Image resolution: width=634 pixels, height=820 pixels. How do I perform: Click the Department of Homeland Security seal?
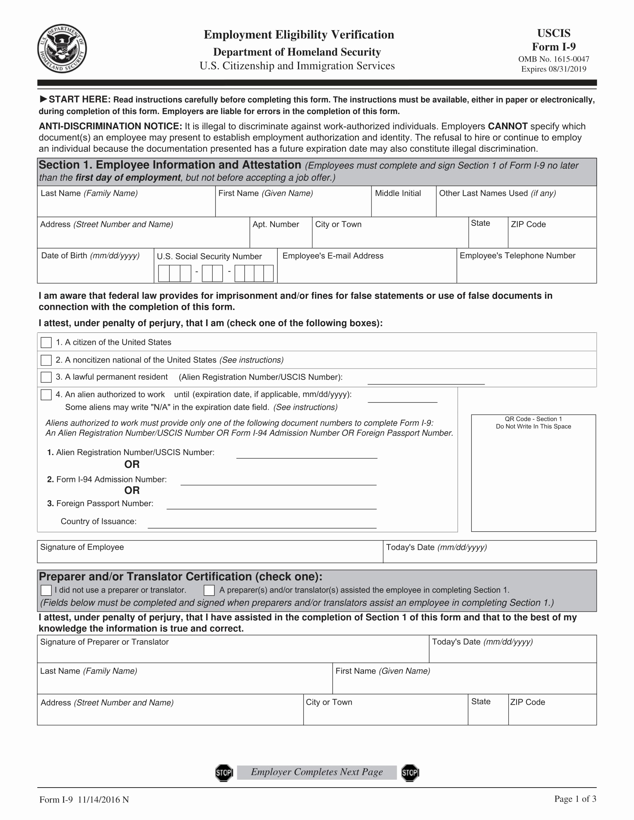[x=62, y=49]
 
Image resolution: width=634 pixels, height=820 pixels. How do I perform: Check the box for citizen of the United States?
[x=46, y=343]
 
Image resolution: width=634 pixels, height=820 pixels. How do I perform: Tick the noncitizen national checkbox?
[x=46, y=360]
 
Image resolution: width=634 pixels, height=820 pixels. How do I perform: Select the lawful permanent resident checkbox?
[x=46, y=377]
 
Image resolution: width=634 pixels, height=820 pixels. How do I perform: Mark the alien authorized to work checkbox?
[x=46, y=395]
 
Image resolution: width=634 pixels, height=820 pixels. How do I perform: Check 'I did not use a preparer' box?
[x=46, y=590]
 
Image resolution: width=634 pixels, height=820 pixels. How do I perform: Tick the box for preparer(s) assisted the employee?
[x=209, y=590]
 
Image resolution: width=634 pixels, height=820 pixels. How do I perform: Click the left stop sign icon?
[x=224, y=772]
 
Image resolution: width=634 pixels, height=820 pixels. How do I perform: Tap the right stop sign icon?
[x=410, y=772]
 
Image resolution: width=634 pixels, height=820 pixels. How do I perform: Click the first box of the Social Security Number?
[x=164, y=273]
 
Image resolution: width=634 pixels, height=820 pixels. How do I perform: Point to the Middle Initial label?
[x=398, y=193]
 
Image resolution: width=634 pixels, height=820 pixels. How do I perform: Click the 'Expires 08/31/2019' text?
[x=553, y=69]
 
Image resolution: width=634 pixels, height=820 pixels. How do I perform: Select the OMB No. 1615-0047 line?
[x=553, y=59]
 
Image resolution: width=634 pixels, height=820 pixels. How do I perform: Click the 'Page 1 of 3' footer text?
[x=575, y=799]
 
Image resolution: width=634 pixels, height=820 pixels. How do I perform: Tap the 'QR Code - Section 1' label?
[x=533, y=419]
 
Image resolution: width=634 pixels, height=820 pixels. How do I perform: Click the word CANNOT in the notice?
[x=508, y=126]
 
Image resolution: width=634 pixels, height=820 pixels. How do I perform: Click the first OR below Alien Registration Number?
[x=132, y=464]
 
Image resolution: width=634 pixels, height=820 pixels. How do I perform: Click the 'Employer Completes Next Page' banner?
[x=317, y=772]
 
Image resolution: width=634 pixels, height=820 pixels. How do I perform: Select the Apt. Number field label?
[x=276, y=224]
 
